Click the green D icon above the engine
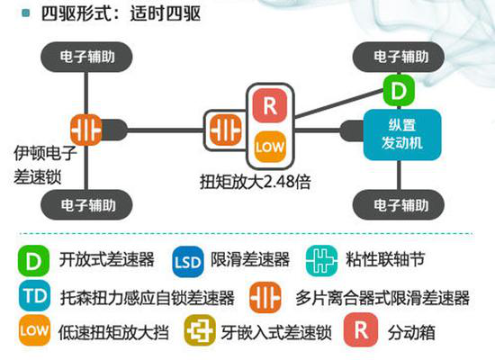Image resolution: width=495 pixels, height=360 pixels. tap(399, 91)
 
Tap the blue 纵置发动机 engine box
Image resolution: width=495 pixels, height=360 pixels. tap(402, 135)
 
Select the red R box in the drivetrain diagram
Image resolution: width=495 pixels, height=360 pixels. tap(270, 106)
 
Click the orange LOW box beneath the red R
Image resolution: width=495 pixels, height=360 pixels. tap(270, 147)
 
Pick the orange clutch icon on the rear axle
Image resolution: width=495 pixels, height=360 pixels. tap(86, 130)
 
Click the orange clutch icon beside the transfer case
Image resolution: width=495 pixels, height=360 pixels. tap(225, 130)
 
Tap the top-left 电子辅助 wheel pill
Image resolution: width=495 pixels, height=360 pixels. tap(86, 58)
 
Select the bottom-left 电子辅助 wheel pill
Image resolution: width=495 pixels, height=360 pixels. tap(86, 205)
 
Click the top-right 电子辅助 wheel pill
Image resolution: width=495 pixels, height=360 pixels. tap(399, 58)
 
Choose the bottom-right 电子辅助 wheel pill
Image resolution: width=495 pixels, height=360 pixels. tap(399, 205)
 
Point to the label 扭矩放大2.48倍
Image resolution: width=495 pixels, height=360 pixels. tap(256, 182)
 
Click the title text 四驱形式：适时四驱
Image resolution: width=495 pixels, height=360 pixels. tap(121, 13)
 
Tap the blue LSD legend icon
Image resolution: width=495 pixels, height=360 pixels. tap(188, 262)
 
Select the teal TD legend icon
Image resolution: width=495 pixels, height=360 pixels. tap(34, 295)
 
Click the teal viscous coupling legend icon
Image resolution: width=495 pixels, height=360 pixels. tap(321, 261)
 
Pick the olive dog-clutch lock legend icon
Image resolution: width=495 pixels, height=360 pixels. tap(200, 330)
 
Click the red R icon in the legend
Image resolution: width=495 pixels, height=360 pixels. tap(361, 330)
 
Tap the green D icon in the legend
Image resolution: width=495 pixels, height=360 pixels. tap(34, 261)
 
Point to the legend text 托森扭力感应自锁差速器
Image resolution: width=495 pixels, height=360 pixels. tap(148, 298)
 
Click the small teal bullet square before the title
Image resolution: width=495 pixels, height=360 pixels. tap(26, 13)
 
